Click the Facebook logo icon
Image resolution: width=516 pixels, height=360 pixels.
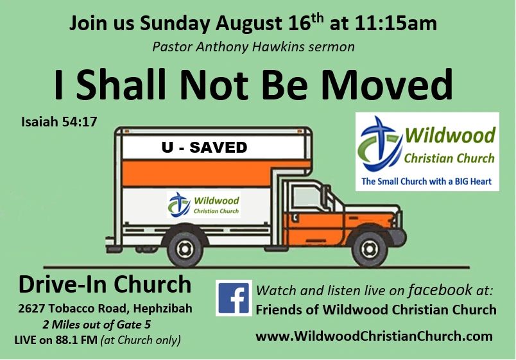pyautogui.click(x=234, y=298)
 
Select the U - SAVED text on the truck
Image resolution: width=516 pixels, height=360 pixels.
pyautogui.click(x=204, y=148)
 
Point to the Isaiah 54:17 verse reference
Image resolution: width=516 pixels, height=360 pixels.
pyautogui.click(x=59, y=121)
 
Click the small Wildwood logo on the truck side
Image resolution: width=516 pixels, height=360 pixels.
pyautogui.click(x=203, y=205)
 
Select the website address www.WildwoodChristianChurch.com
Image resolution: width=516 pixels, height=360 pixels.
pyautogui.click(x=374, y=336)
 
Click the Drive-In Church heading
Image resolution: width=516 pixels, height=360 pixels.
pyautogui.click(x=105, y=284)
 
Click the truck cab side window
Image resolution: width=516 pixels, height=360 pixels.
pyautogui.click(x=305, y=198)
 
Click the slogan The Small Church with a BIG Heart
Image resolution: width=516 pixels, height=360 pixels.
pyautogui.click(x=427, y=182)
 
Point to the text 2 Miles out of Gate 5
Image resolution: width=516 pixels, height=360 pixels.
pyautogui.click(x=96, y=324)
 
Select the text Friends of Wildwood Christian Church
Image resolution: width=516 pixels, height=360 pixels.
pyautogui.click(x=376, y=310)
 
